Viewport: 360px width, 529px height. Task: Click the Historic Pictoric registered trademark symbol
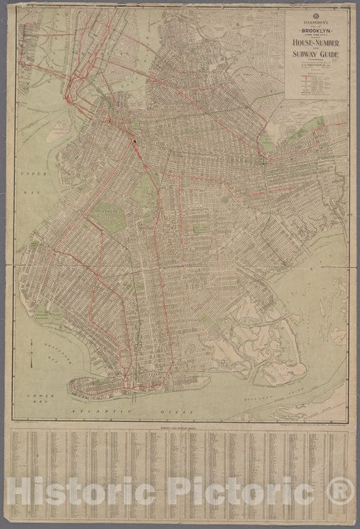tap(340, 491)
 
